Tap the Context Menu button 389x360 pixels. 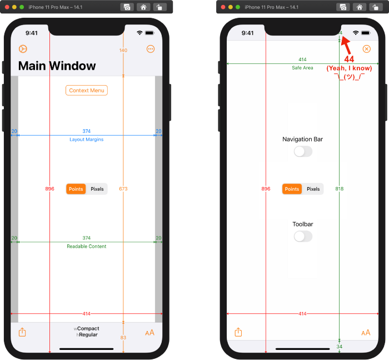pyautogui.click(x=86, y=90)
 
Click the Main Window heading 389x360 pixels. pyautogui.click(x=57, y=66)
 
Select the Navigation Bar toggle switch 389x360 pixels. pyautogui.click(x=303, y=151)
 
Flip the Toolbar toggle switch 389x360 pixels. pyautogui.click(x=303, y=236)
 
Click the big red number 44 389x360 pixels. pyautogui.click(x=350, y=59)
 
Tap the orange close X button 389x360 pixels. pyautogui.click(x=366, y=49)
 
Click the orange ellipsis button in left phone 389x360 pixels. pyautogui.click(x=151, y=49)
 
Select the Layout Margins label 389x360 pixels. pyautogui.click(x=86, y=140)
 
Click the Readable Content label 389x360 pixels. pyautogui.click(x=86, y=246)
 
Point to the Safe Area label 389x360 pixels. pyautogui.click(x=302, y=68)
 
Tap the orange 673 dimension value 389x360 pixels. pyautogui.click(x=123, y=189)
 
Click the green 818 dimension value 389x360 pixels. pyautogui.click(x=340, y=189)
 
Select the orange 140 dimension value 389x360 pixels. pyautogui.click(x=123, y=51)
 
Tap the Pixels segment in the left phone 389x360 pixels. pyautogui.click(x=97, y=189)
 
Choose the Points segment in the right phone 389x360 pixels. pyautogui.click(x=292, y=189)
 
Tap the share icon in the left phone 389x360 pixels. pyautogui.click(x=22, y=332)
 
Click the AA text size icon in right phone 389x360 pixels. pyautogui.click(x=366, y=333)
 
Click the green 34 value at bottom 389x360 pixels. pyautogui.click(x=340, y=347)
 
